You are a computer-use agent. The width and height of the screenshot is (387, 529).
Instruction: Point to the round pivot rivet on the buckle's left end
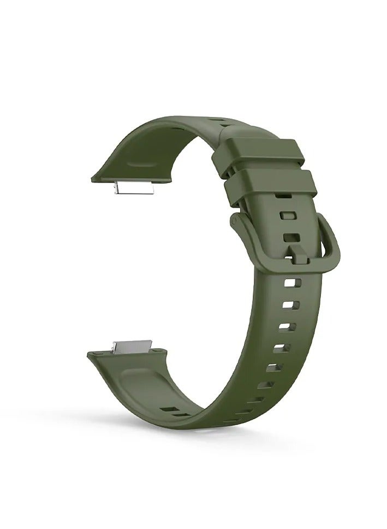click(x=236, y=221)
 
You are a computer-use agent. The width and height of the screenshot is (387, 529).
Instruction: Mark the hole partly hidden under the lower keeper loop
click(x=282, y=195)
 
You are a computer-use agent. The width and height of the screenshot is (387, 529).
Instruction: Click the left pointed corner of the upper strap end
click(x=92, y=178)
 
